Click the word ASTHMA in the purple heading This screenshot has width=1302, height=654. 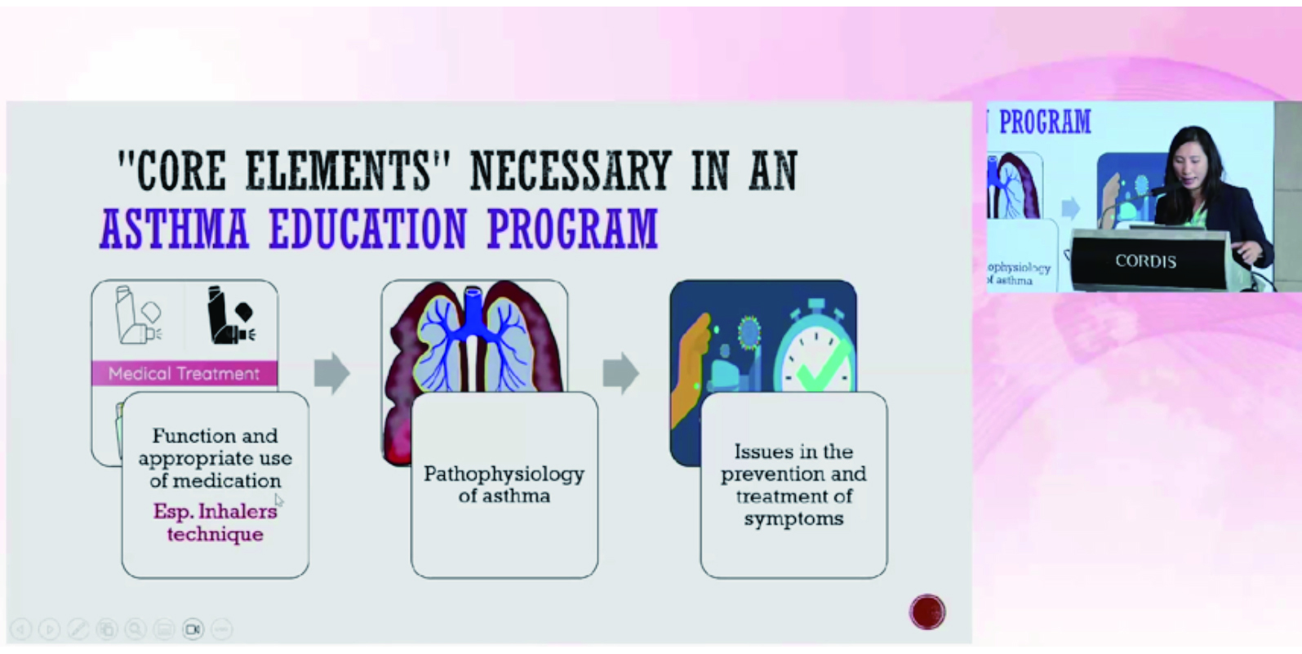175,229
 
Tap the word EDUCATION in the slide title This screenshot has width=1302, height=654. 368,229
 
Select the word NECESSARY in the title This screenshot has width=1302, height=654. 571,171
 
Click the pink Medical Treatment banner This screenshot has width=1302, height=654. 184,373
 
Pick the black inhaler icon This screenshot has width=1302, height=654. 231,316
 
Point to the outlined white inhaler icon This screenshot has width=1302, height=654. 138,316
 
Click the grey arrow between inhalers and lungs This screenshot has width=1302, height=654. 332,372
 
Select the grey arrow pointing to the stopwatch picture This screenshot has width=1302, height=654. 620,372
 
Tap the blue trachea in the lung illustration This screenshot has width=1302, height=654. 473,314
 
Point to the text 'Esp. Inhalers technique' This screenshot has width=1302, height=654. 215,522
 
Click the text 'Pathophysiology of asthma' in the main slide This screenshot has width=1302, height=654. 504,484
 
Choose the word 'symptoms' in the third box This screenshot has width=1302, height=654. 793,518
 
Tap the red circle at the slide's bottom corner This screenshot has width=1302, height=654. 927,612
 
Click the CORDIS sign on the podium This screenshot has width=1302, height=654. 1145,261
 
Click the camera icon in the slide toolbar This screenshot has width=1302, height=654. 193,629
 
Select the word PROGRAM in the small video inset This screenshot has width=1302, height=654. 1045,122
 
